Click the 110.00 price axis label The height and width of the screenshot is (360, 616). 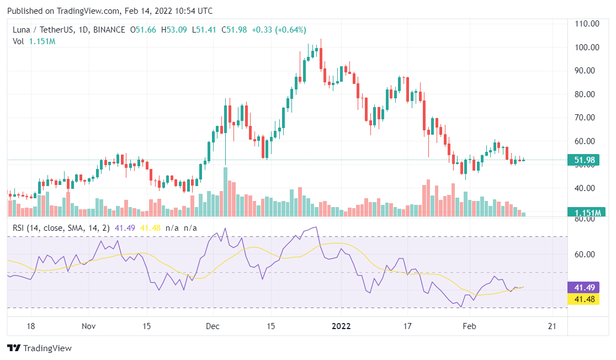click(587, 24)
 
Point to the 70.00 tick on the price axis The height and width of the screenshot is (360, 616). click(587, 118)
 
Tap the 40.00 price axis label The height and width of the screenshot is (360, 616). click(587, 188)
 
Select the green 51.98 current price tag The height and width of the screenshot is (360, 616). click(587, 161)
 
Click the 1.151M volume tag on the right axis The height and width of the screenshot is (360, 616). click(587, 212)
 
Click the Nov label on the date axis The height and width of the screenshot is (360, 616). click(89, 326)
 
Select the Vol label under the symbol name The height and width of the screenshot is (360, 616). click(18, 41)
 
